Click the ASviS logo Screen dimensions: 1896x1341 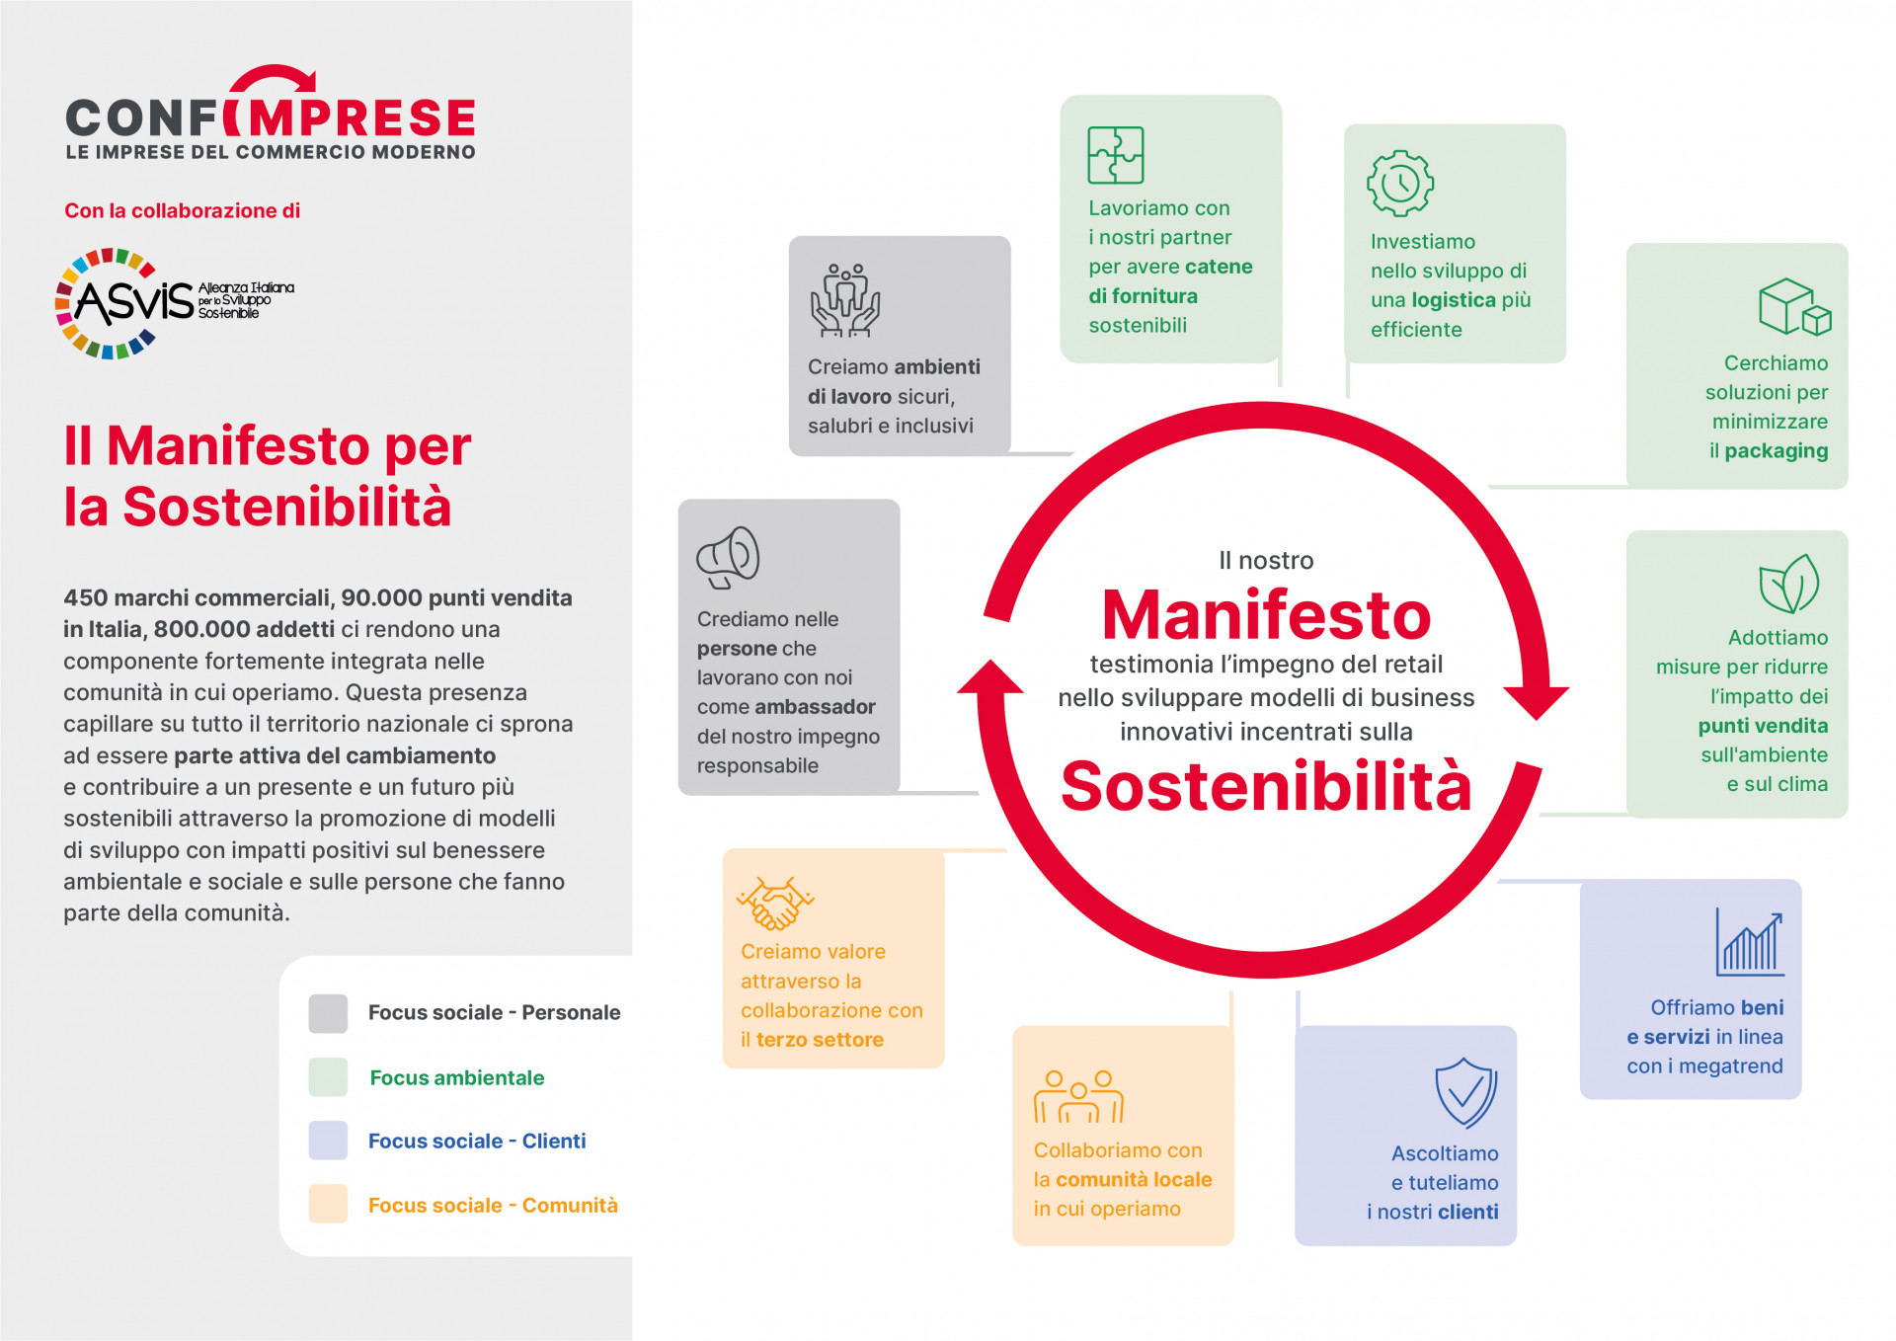[175, 303]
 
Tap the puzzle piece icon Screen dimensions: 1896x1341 [1115, 155]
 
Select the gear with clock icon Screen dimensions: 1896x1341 [1399, 183]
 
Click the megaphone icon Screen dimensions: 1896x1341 [728, 557]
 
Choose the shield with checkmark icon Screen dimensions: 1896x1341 [1465, 1092]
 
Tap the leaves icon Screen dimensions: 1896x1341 [1788, 583]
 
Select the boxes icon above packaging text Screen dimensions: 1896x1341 [1794, 307]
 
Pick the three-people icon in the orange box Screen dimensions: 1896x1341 [1078, 1096]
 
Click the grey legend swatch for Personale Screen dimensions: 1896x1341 [328, 1013]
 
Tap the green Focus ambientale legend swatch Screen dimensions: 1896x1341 [328, 1077]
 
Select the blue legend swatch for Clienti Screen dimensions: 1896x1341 [328, 1141]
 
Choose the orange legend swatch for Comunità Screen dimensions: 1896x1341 [328, 1204]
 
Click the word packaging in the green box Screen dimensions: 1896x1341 [1776, 451]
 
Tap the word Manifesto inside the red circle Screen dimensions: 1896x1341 [1266, 615]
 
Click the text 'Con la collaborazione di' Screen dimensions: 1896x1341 [182, 210]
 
